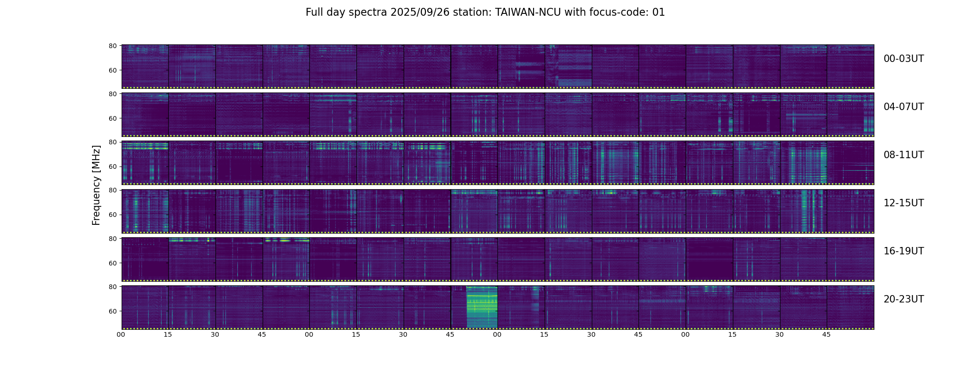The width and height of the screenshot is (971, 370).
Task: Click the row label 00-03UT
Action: pos(903,59)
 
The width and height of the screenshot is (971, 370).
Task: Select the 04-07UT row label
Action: pos(903,107)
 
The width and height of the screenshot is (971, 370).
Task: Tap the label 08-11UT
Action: pos(903,155)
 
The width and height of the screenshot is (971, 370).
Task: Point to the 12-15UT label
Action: pos(903,203)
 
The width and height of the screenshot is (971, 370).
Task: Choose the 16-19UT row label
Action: pos(903,251)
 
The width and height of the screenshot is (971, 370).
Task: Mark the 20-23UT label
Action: pos(903,299)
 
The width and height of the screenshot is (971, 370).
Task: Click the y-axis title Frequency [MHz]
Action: pos(96,185)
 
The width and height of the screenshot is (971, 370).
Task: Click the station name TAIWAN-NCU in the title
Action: pos(528,12)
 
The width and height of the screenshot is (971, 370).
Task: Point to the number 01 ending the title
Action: pos(658,12)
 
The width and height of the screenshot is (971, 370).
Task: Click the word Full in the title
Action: pos(314,12)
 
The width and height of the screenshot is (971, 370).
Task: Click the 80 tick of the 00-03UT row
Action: pos(112,46)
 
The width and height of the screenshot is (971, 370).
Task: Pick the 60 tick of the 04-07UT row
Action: pos(112,118)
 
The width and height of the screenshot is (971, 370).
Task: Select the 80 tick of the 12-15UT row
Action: pos(112,190)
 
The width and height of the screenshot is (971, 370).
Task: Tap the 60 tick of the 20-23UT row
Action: pos(112,311)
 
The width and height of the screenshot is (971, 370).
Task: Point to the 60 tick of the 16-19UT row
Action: pos(112,263)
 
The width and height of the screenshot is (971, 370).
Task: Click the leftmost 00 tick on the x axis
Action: pos(121,334)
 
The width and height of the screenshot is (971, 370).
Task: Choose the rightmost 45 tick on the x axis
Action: pos(826,334)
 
